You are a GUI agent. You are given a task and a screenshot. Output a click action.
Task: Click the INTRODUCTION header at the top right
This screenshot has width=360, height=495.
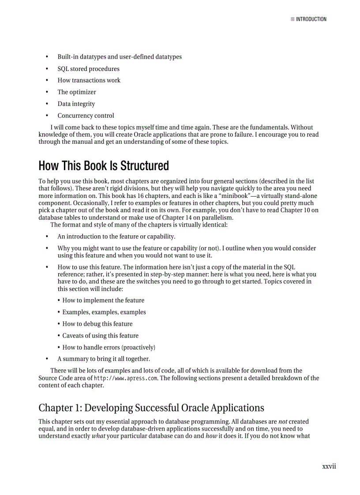point(311,19)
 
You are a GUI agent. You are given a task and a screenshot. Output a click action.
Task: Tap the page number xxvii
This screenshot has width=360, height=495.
point(329,466)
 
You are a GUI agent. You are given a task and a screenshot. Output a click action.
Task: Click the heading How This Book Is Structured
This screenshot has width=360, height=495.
point(104,166)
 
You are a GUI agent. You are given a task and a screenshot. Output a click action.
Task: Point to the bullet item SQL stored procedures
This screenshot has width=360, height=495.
point(88,69)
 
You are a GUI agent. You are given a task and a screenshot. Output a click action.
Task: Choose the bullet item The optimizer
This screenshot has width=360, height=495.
point(76,92)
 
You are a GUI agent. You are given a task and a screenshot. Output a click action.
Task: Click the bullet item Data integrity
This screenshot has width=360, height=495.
point(76,104)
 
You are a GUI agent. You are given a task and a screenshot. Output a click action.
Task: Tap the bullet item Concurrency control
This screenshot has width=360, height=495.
point(86,116)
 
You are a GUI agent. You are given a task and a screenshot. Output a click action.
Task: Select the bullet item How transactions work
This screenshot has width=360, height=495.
point(89,80)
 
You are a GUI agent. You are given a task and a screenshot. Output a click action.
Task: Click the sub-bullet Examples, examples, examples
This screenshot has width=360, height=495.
point(104,312)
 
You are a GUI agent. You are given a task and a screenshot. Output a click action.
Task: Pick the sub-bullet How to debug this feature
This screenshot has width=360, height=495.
point(97,324)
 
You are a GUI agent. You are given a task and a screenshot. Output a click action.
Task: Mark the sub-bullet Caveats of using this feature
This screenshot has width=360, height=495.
point(100,335)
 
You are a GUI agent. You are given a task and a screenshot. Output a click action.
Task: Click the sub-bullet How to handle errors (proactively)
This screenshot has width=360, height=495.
point(109,347)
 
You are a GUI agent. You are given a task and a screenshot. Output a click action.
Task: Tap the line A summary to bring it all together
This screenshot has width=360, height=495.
point(104,359)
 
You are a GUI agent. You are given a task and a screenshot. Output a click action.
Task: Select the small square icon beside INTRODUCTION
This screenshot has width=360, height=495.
point(292,19)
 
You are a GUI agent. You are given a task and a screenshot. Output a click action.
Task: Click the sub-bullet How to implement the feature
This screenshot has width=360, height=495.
point(103,300)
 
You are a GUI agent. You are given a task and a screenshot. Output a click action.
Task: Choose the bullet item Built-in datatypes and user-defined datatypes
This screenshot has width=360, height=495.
point(119,57)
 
